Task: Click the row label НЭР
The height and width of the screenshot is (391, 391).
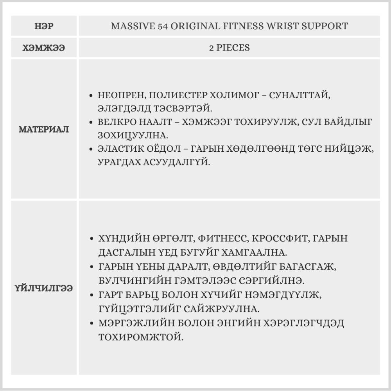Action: [x=44, y=27]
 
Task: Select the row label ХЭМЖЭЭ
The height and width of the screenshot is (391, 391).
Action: [x=44, y=48]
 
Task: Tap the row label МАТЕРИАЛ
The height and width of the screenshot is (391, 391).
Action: [x=44, y=129]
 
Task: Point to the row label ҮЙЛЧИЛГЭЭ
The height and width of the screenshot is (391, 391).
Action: [x=44, y=288]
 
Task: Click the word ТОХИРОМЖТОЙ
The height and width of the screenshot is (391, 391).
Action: [x=140, y=336]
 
